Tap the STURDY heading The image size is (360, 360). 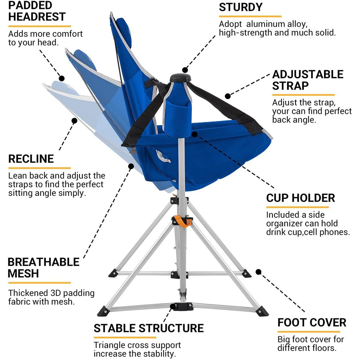click(241, 7)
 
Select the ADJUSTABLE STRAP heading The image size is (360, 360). click(308, 80)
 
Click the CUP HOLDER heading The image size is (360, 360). click(301, 198)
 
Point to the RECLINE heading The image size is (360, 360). click(31, 159)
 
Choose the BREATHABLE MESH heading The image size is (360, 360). click(43, 267)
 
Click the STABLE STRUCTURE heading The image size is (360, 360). click(149, 328)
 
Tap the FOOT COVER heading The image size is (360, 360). click(312, 323)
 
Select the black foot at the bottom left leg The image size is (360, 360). click(103, 311)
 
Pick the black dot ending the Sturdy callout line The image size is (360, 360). click(185, 70)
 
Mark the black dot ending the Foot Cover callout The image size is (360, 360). click(258, 272)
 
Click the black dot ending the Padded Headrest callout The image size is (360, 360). click(62, 78)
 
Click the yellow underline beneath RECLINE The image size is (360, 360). click(39, 168)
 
